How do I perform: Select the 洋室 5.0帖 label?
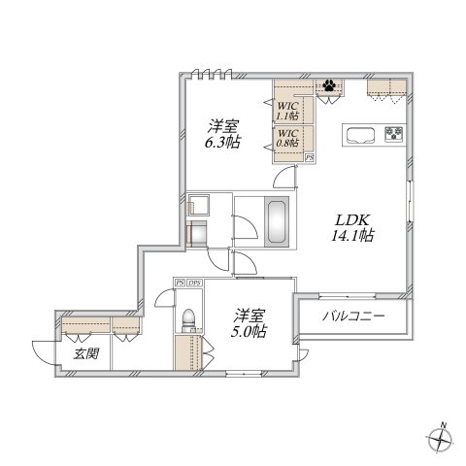click(250, 323)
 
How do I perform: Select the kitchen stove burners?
click(394, 133)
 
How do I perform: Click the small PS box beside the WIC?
click(310, 156)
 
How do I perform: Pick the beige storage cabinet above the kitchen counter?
click(387, 88)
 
